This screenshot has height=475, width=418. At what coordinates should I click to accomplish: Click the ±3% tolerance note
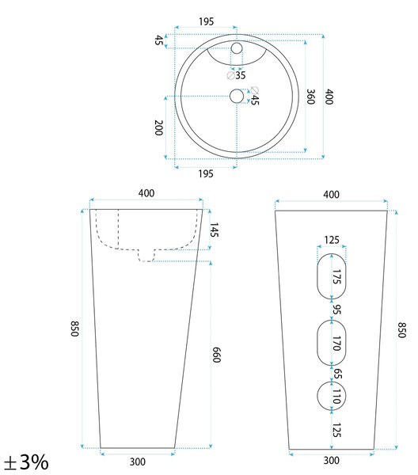click(x=26, y=462)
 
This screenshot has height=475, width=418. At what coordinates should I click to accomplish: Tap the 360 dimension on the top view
click(x=310, y=97)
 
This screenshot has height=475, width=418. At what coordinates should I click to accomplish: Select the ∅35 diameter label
click(x=236, y=75)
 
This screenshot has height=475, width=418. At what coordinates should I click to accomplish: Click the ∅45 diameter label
click(x=255, y=96)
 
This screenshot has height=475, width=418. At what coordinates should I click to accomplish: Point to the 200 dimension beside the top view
click(x=158, y=127)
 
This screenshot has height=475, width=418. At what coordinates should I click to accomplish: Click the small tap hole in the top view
click(x=237, y=48)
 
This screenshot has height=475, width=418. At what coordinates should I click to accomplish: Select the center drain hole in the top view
click(x=237, y=96)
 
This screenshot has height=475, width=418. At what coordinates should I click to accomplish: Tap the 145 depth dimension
click(x=214, y=230)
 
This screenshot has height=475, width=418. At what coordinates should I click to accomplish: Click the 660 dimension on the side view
click(x=216, y=355)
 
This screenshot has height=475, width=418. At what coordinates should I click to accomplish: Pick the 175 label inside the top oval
click(x=336, y=276)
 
